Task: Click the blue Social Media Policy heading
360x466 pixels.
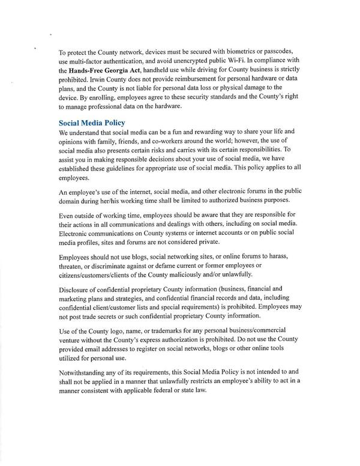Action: click(x=92, y=123)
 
